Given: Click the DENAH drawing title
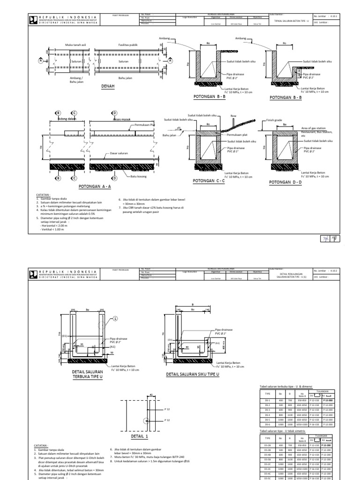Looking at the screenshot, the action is (x=108, y=87).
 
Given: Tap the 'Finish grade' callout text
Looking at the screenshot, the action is (x=273, y=120).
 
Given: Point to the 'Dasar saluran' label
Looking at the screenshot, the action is (x=119, y=153).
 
